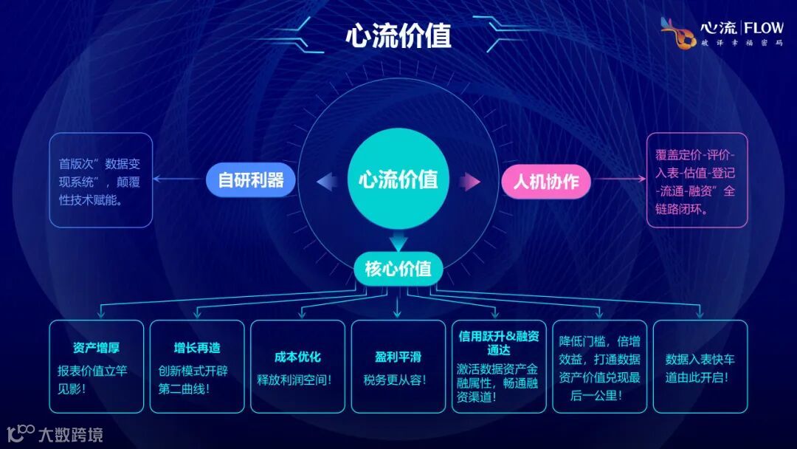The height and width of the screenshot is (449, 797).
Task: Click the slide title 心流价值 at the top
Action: click(398, 35)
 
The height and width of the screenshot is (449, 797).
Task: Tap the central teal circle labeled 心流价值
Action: click(398, 179)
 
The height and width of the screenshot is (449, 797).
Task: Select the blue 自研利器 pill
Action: click(251, 179)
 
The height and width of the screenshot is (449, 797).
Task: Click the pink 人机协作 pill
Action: click(546, 181)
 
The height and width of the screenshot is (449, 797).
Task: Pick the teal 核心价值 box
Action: click(398, 268)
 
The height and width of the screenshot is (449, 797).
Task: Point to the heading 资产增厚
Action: click(96, 348)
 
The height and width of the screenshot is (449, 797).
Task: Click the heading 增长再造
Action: click(197, 348)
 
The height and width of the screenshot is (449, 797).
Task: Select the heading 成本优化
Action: click(297, 357)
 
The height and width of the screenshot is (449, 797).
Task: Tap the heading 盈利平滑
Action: click(398, 357)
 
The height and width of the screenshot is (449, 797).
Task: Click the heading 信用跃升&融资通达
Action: click(499, 343)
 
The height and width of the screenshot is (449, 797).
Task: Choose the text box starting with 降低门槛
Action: click(599, 368)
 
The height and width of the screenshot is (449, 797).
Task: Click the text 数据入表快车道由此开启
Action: click(700, 368)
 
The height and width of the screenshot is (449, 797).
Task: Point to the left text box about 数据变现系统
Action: click(100, 181)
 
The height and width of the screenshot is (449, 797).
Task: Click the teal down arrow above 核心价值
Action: click(398, 241)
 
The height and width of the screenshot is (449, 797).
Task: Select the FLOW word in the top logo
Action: click(763, 28)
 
